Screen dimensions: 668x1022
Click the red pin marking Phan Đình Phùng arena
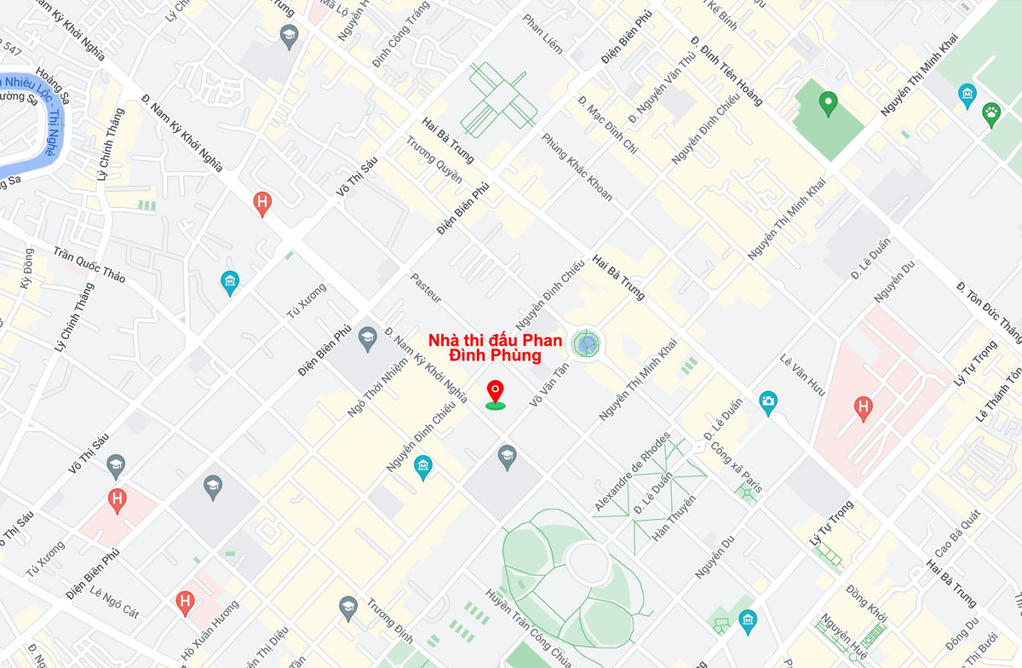pyautogui.click(x=495, y=392)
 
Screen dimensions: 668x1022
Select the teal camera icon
pyautogui.click(x=768, y=401)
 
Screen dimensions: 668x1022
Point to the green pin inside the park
pyautogui.click(x=827, y=104)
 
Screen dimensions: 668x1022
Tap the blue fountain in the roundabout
pyautogui.click(x=586, y=345)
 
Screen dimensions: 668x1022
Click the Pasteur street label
pyautogui.click(x=427, y=288)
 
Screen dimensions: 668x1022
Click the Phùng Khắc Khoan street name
pyautogui.click(x=577, y=168)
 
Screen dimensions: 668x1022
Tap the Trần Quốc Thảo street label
pyautogui.click(x=89, y=265)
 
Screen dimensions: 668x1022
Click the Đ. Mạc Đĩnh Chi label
pyautogui.click(x=607, y=124)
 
